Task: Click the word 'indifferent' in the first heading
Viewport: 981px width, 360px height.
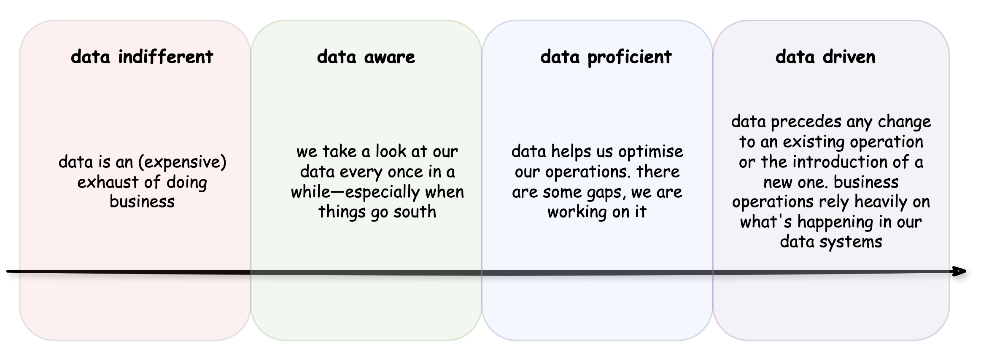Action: pyautogui.click(x=165, y=56)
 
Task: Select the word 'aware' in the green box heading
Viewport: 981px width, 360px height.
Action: pyautogui.click(x=390, y=56)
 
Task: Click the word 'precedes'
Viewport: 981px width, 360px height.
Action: pyautogui.click(x=806, y=122)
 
